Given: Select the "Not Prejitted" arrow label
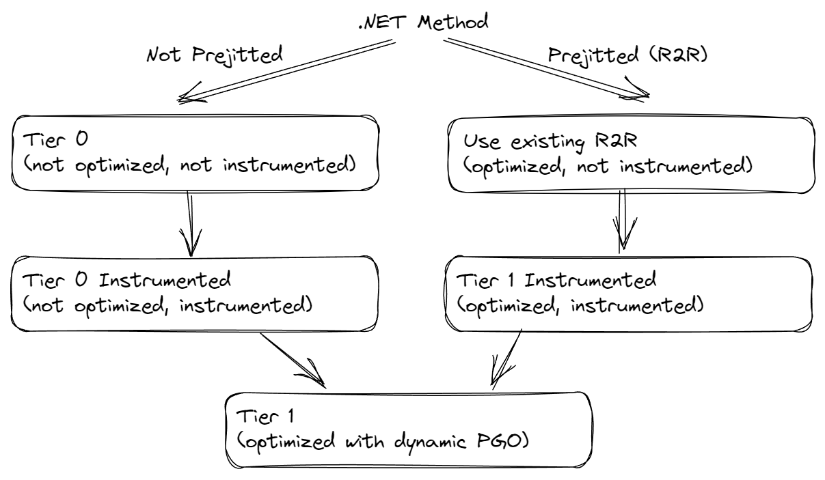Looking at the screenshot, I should (215, 55).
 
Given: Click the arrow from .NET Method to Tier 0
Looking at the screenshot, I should (287, 70).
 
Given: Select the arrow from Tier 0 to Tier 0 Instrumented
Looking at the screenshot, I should (191, 223).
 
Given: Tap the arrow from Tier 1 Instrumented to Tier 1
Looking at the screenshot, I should (506, 358).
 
